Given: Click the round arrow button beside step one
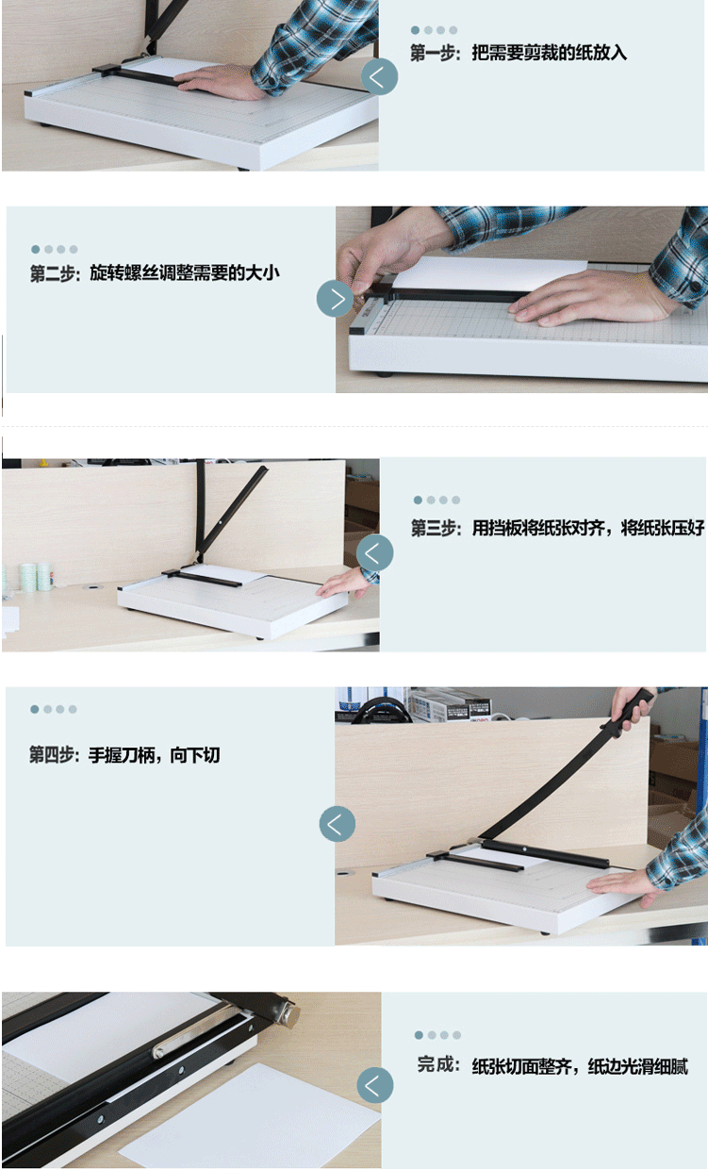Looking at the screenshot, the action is click(x=379, y=77).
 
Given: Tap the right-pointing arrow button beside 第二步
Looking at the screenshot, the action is click(x=335, y=299).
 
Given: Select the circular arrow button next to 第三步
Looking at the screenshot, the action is click(x=374, y=552).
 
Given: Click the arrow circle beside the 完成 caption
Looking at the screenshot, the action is click(x=374, y=1085).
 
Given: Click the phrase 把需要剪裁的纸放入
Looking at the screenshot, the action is click(x=549, y=53).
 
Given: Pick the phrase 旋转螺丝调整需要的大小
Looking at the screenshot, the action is click(x=185, y=272).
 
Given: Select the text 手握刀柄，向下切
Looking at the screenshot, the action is click(x=154, y=754).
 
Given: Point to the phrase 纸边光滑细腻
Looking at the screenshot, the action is click(x=637, y=1066).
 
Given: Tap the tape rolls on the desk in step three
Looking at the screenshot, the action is click(x=38, y=577).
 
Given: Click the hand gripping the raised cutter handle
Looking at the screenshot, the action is click(x=633, y=704).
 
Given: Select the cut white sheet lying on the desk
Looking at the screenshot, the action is click(x=251, y=1117).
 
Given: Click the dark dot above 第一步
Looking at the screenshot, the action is click(x=416, y=30).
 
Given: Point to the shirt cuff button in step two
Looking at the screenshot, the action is click(x=696, y=287).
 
